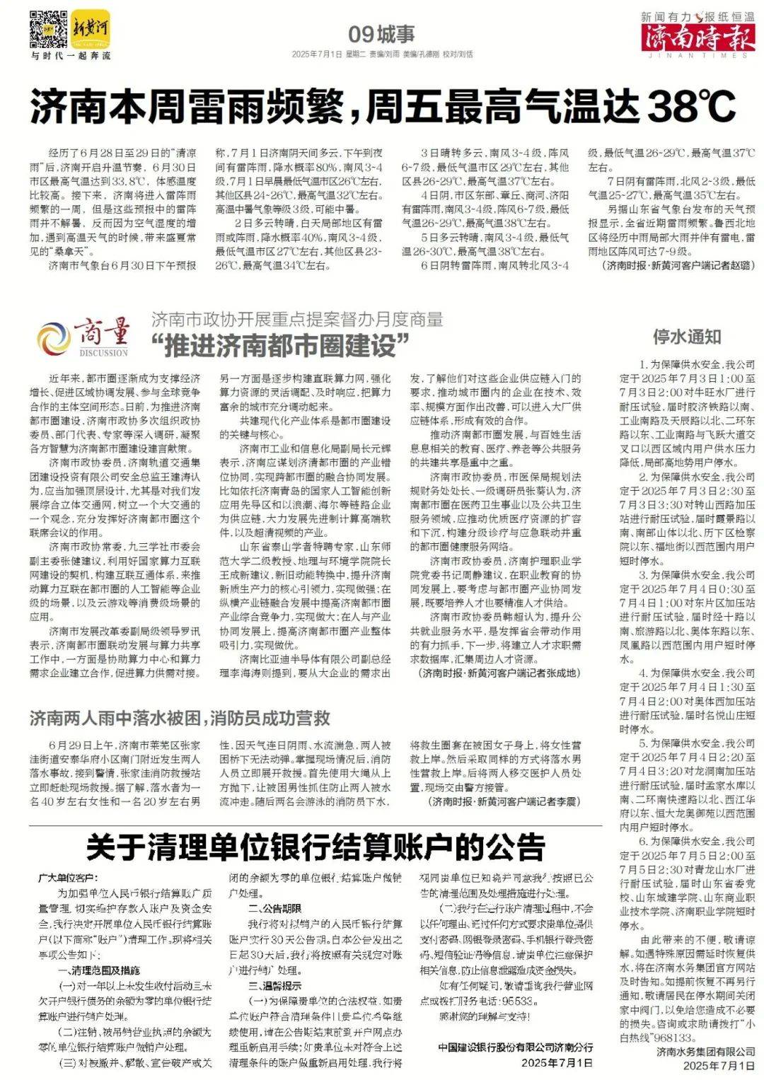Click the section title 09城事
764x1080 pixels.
click(381, 33)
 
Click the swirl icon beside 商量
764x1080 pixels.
click(54, 338)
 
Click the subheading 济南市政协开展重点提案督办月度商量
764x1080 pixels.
click(297, 319)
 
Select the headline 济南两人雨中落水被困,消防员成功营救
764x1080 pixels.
click(180, 719)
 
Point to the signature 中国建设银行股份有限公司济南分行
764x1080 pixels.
click(515, 1047)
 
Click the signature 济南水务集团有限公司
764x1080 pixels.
click(705, 1052)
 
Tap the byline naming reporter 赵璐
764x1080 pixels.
click(678, 265)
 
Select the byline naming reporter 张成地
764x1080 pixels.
click(498, 673)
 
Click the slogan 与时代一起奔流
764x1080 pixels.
click(70, 56)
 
